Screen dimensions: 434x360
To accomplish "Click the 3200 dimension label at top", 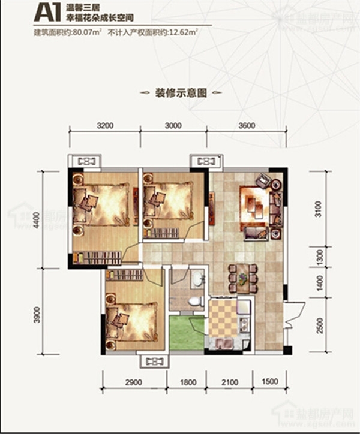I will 105,126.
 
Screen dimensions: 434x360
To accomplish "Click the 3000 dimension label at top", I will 172,126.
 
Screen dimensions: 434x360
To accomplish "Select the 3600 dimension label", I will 246,126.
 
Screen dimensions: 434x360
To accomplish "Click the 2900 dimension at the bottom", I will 133,382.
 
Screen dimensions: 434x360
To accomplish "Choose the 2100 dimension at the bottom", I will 231,382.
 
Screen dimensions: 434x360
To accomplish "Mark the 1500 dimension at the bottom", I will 271,382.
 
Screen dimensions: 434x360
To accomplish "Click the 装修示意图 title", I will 181,93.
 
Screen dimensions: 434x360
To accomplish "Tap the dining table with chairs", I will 242,278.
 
